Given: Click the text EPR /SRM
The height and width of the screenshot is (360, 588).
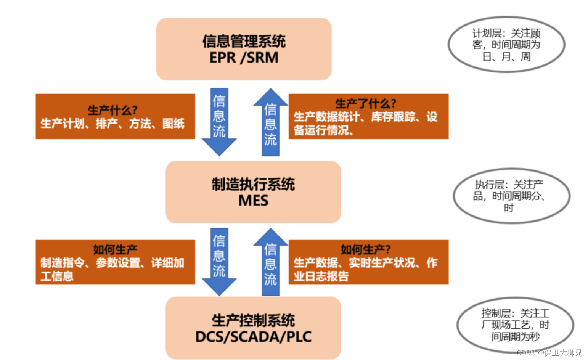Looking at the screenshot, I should pyautogui.click(x=244, y=58).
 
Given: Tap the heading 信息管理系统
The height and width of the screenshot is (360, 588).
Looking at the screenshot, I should pyautogui.click(x=244, y=41).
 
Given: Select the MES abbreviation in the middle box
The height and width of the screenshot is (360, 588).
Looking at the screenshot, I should pyautogui.click(x=253, y=201).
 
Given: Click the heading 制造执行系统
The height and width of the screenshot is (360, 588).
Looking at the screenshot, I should pyautogui.click(x=253, y=184).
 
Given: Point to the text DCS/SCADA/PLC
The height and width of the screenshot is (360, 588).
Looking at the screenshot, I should pyautogui.click(x=253, y=337).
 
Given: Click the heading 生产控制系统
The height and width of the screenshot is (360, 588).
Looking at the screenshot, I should pyautogui.click(x=253, y=320).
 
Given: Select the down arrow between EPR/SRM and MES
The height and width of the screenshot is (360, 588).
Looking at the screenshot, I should pyautogui.click(x=219, y=122).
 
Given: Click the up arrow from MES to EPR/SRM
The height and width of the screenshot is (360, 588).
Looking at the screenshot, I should pyautogui.click(x=270, y=122).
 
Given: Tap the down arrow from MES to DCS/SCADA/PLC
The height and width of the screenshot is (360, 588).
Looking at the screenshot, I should pyautogui.click(x=219, y=262).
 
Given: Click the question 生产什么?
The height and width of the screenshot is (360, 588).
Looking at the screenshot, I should pyautogui.click(x=112, y=111).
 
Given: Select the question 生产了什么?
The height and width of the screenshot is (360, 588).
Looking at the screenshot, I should pyautogui.click(x=366, y=103).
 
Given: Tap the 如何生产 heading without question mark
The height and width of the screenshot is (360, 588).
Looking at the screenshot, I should pyautogui.click(x=115, y=249).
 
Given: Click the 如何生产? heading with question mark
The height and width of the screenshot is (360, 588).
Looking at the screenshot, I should pyautogui.click(x=366, y=249).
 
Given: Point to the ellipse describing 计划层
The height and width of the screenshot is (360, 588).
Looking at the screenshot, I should pyautogui.click(x=506, y=44).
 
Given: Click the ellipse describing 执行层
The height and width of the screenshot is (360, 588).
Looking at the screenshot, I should pyautogui.click(x=511, y=196).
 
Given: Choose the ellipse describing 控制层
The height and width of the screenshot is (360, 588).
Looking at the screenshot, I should pyautogui.click(x=515, y=325).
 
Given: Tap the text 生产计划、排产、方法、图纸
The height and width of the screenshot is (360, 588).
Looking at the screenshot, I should pyautogui.click(x=112, y=124).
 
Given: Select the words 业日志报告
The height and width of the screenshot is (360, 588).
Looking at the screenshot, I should pyautogui.click(x=321, y=276).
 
